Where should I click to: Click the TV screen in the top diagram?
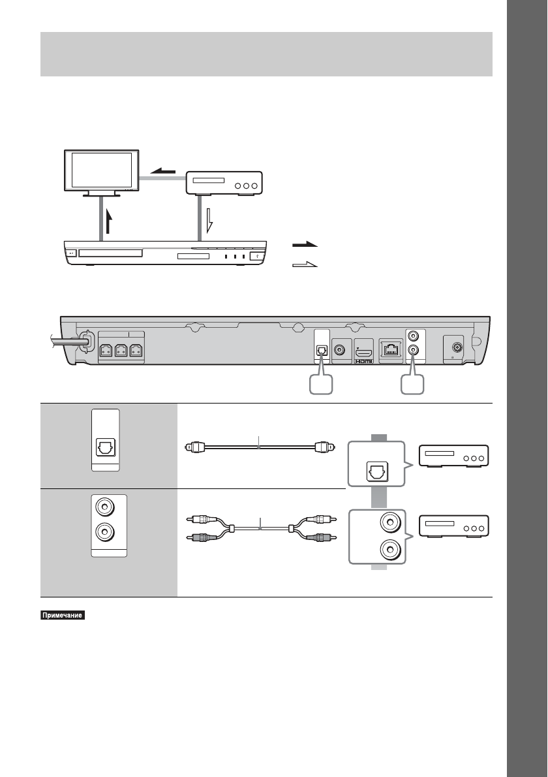click(x=100, y=170)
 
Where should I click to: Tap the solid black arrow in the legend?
click(x=305, y=244)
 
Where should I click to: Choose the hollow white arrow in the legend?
click(x=305, y=264)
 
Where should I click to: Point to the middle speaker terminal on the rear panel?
click(x=121, y=351)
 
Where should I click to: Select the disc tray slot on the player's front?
click(x=112, y=252)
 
